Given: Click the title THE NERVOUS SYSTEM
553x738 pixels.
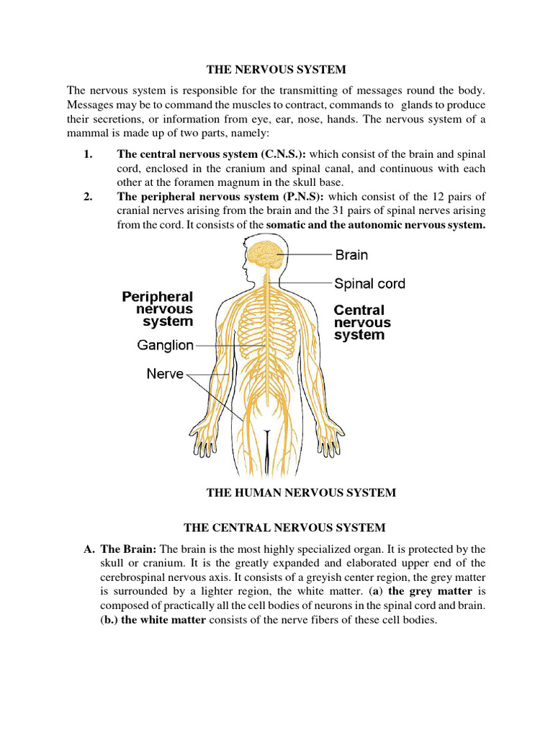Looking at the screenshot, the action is (x=276, y=70).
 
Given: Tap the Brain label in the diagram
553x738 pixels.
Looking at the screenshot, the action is (x=351, y=254).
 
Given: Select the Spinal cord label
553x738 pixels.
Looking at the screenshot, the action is (x=369, y=283).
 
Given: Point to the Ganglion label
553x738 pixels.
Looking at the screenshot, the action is (x=166, y=345).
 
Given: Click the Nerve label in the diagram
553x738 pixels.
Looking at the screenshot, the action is (x=165, y=374).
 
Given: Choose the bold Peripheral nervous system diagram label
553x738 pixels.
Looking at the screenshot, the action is (x=158, y=308).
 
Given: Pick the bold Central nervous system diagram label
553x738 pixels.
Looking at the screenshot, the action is (x=362, y=322).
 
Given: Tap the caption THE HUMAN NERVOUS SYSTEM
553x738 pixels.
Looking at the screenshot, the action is (x=301, y=493).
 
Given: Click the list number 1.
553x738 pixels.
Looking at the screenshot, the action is (x=89, y=154).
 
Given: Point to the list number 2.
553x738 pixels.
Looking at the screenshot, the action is (x=89, y=197).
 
